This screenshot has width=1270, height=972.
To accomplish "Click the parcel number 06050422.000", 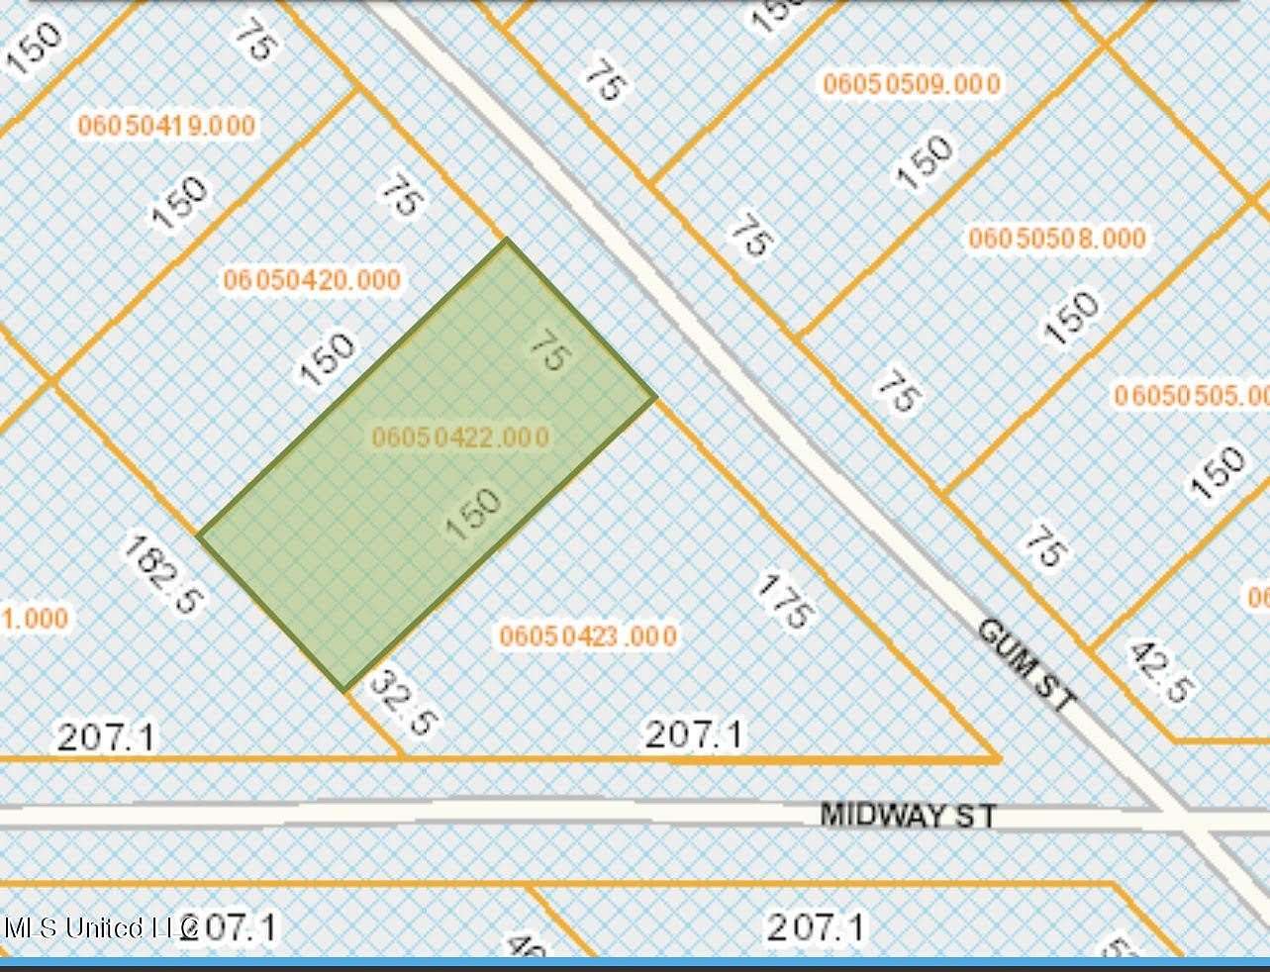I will [460, 437].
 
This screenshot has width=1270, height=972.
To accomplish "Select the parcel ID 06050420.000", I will [312, 279].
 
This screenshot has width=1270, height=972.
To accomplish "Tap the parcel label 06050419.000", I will [166, 125].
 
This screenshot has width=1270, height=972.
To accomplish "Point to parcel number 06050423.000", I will [588, 634].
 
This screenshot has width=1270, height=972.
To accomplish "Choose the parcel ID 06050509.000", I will [912, 83].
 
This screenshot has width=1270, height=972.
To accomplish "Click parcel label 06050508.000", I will [1057, 238].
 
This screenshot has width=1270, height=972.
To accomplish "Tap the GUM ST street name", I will [1026, 663].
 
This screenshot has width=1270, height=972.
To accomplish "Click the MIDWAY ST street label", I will [908, 815].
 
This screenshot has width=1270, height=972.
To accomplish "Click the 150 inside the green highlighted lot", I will [474, 512].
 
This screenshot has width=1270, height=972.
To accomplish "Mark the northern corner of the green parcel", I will [507, 240].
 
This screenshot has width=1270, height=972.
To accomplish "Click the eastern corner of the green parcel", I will [655, 397].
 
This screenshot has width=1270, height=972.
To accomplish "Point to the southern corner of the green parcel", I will [343, 689].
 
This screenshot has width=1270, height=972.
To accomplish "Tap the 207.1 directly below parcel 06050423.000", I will [693, 734].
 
